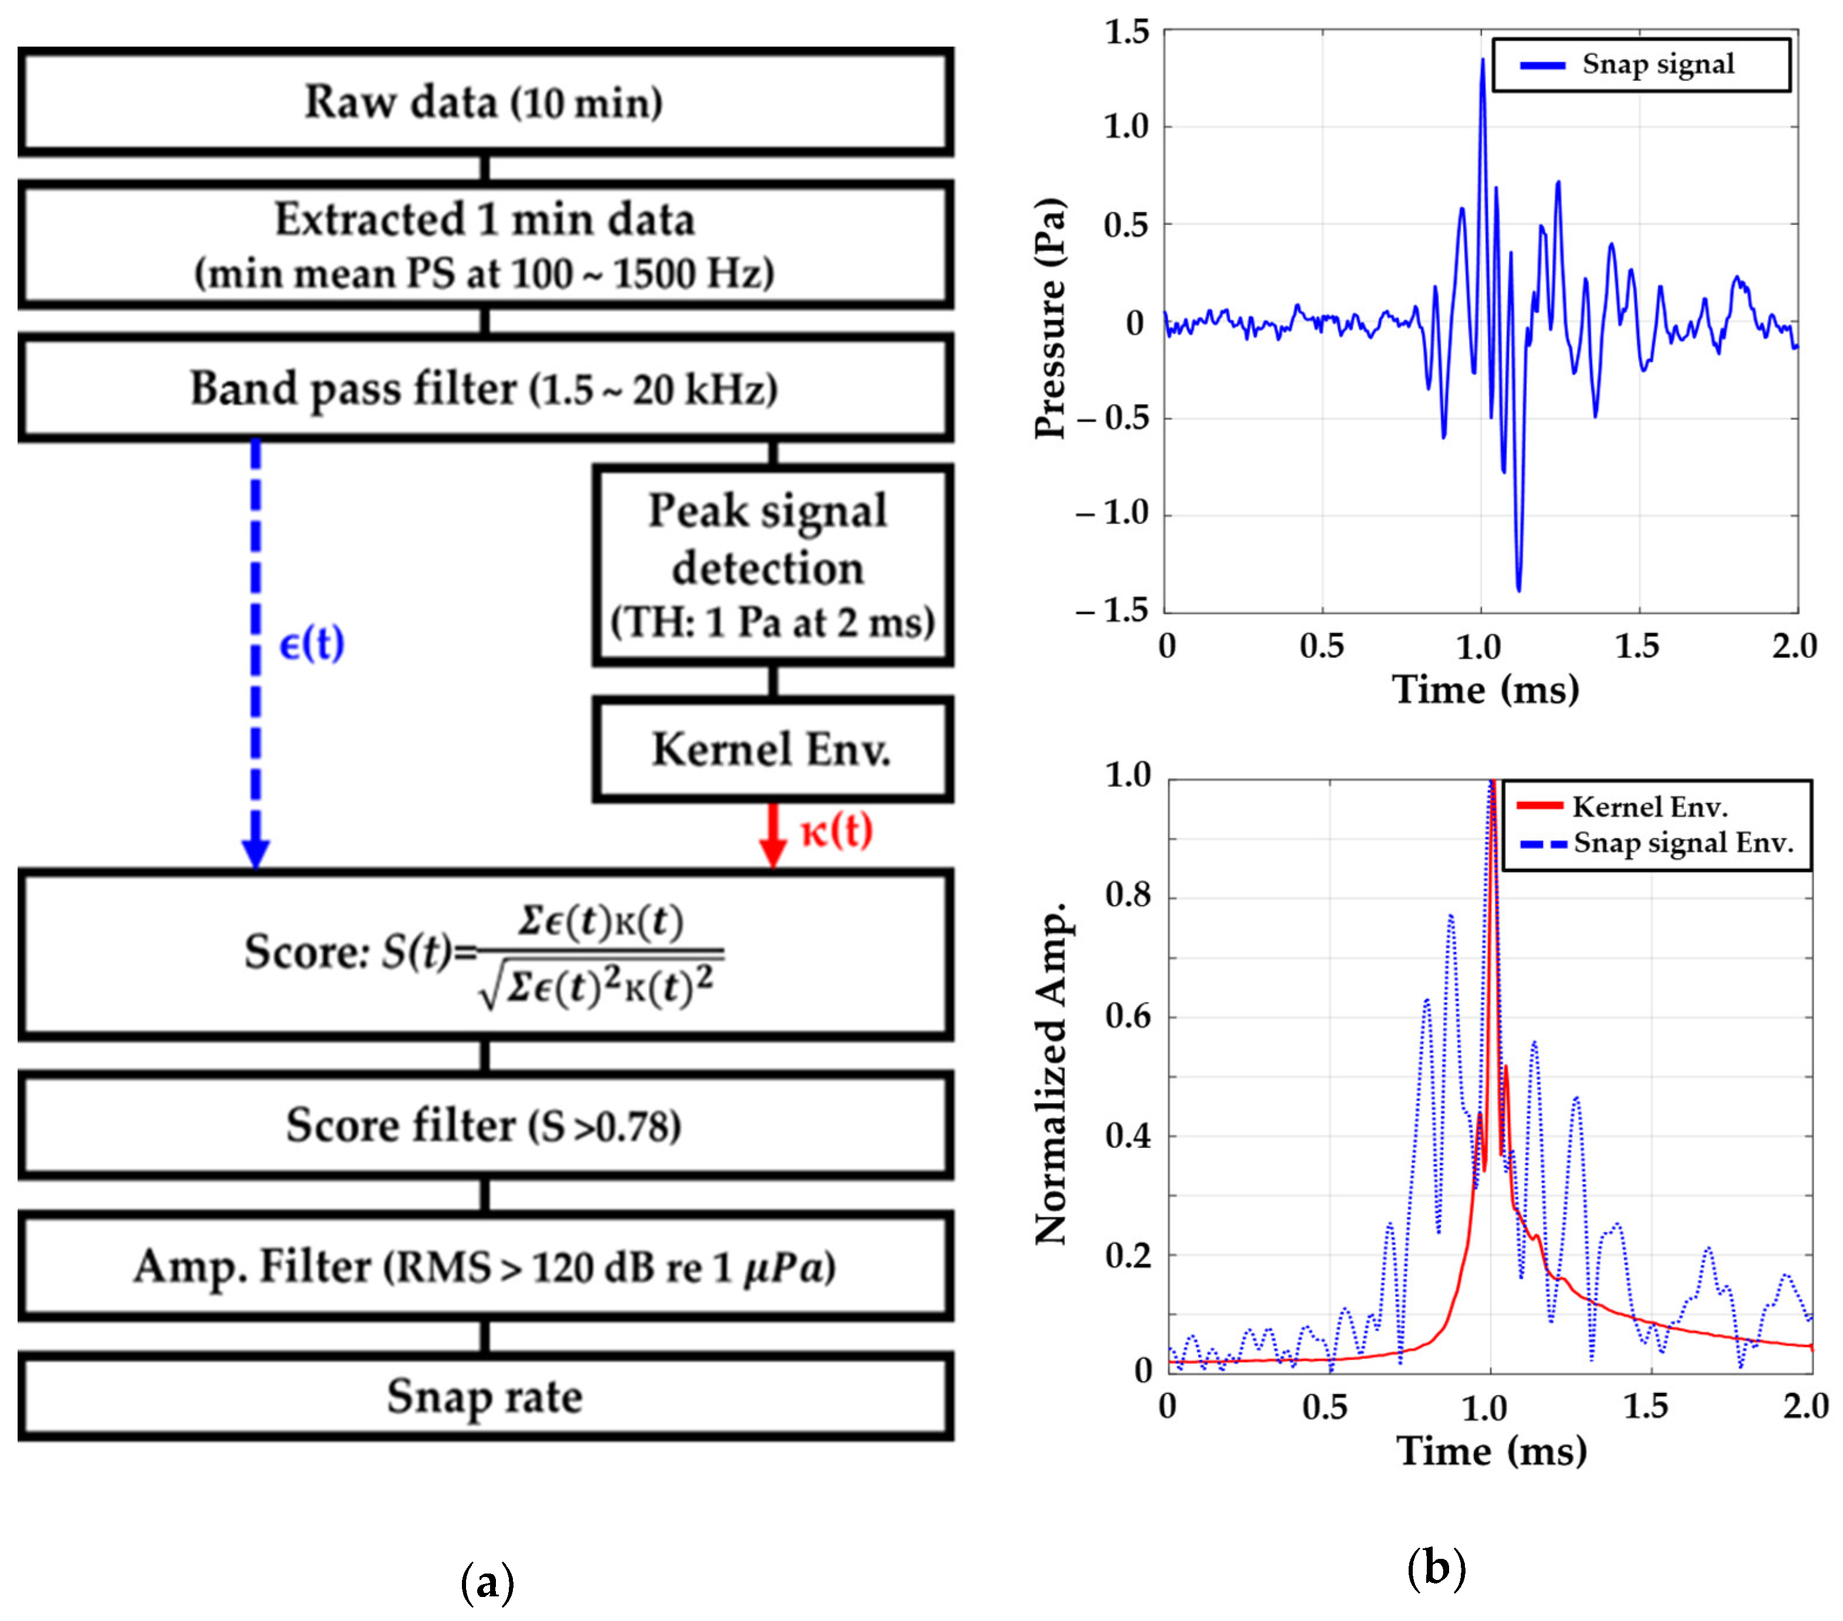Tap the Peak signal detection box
point(772,565)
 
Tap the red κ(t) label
point(837,830)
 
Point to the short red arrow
point(773,834)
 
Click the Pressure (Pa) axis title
point(1050,320)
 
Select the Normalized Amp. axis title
point(1050,1073)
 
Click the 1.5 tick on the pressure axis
point(1127,32)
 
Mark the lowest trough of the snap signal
point(1518,589)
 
